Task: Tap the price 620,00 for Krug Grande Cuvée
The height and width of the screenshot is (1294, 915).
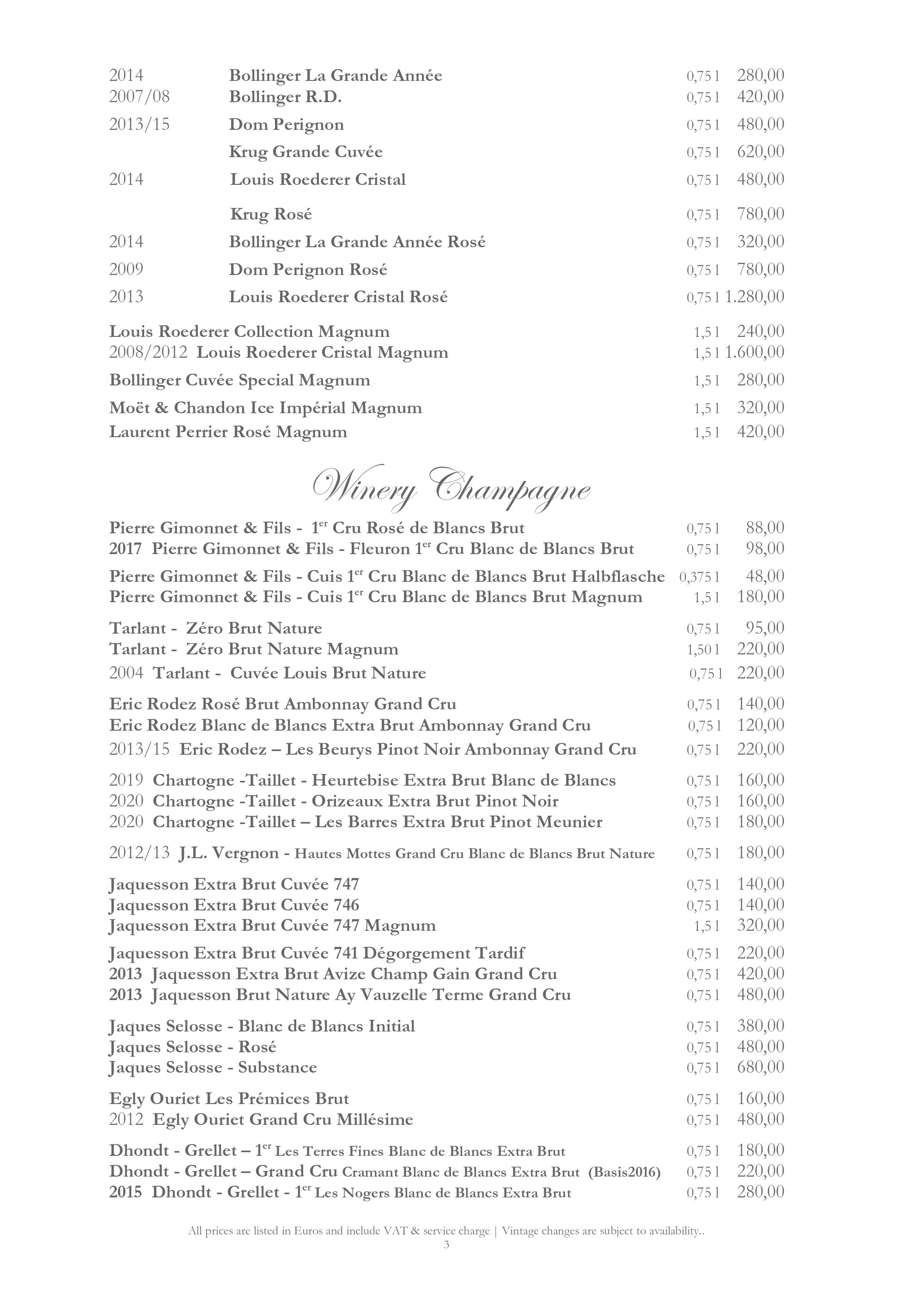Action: [761, 152]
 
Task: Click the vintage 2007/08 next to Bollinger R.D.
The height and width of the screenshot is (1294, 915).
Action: [139, 97]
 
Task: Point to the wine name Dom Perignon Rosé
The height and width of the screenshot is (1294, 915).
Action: [308, 269]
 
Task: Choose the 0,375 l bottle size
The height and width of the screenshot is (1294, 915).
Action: [699, 577]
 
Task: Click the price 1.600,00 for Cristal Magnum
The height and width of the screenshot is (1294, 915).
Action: [755, 352]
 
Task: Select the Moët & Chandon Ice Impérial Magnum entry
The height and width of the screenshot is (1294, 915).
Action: [265, 408]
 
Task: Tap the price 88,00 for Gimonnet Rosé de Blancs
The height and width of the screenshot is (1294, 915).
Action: [765, 528]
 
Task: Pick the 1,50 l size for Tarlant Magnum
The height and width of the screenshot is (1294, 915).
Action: [702, 649]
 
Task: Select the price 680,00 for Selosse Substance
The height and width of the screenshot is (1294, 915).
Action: [761, 1068]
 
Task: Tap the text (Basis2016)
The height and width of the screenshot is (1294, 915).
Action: [624, 1172]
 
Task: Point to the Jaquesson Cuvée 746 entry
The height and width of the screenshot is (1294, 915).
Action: [234, 905]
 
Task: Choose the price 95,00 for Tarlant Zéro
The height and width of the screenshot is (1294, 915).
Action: [765, 628]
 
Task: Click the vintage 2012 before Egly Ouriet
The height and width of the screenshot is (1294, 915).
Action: [126, 1119]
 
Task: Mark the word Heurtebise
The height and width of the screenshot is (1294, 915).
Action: [355, 780]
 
